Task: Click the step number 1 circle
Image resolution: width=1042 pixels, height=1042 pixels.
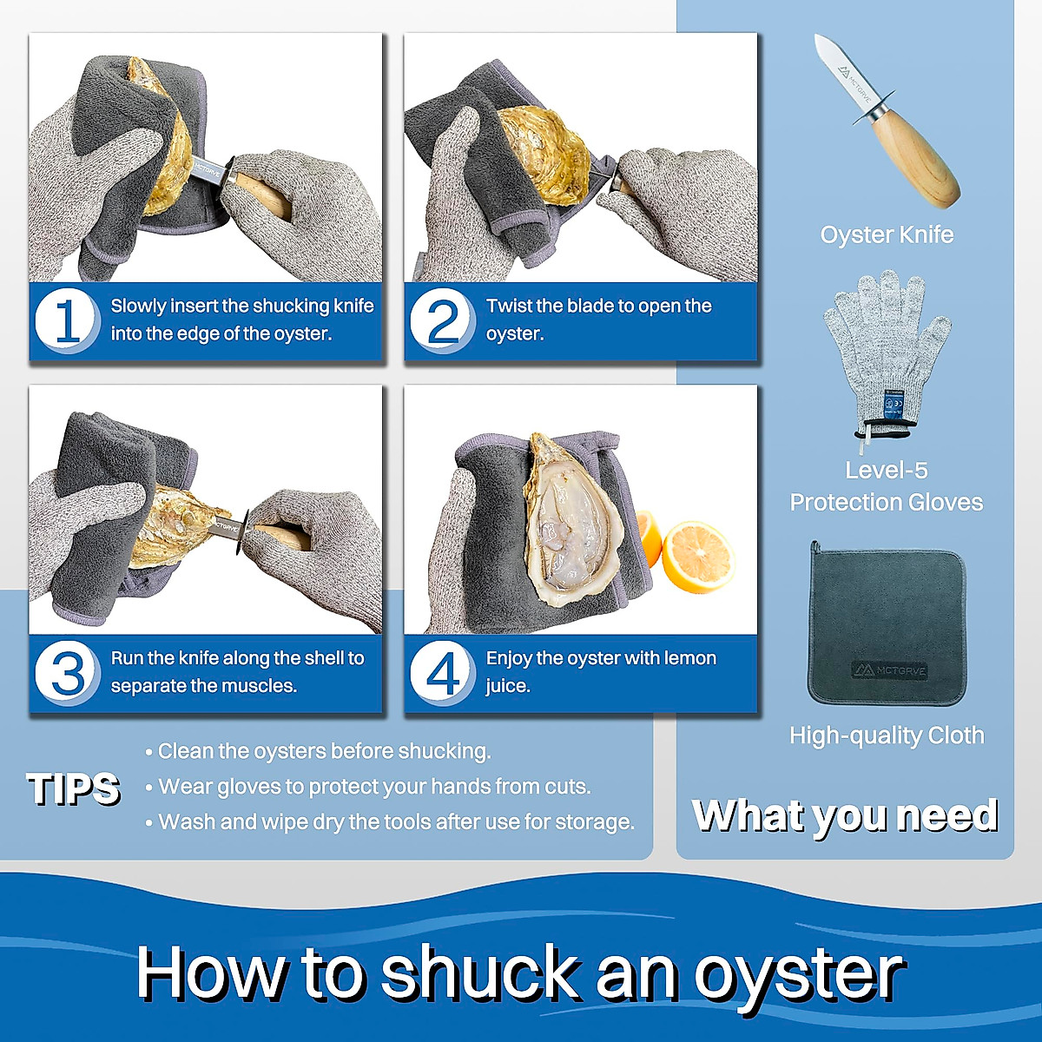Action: pyautogui.click(x=66, y=320)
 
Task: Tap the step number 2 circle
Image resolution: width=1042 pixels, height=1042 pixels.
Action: pyautogui.click(x=442, y=320)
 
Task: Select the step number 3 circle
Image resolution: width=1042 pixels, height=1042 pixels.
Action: pyautogui.click(x=66, y=673)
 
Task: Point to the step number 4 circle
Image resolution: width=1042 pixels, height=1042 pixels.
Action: pyautogui.click(x=442, y=673)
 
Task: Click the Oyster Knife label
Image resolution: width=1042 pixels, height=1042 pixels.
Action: pyautogui.click(x=887, y=234)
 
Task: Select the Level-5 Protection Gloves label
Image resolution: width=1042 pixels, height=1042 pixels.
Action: pyautogui.click(x=887, y=486)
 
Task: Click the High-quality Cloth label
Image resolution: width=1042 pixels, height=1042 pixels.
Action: pyautogui.click(x=887, y=735)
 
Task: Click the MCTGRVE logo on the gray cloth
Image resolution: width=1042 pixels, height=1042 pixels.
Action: pyautogui.click(x=888, y=669)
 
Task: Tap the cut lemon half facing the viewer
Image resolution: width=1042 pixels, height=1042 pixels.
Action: pyautogui.click(x=697, y=556)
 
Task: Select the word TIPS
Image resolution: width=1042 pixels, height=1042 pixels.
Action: pyautogui.click(x=74, y=788)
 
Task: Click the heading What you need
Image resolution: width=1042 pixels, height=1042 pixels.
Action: pyautogui.click(x=845, y=815)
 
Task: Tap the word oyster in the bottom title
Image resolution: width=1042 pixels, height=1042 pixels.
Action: pyautogui.click(x=798, y=973)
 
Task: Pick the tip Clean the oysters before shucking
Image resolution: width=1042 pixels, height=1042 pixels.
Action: pyautogui.click(x=324, y=751)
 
